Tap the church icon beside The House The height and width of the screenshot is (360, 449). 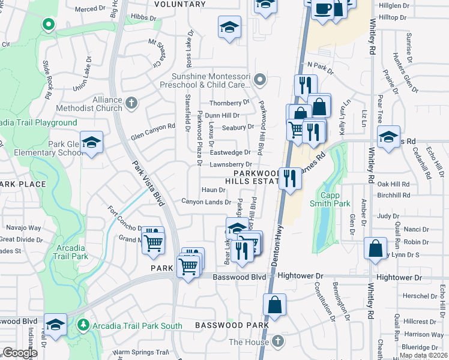coord(277,341)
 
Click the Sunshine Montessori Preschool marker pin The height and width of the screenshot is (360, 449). coord(259,79)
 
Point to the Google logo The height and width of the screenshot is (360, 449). coord(20,353)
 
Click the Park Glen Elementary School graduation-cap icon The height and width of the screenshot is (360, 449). coord(91,142)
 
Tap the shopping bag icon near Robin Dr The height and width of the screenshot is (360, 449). coord(375,249)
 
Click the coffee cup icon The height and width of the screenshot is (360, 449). coord(323,9)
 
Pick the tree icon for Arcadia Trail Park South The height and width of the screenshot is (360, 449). coord(83,325)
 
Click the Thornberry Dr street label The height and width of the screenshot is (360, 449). coord(229,102)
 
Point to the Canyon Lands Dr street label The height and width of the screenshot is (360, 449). coord(206,202)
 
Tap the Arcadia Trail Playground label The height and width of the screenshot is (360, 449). coord(38,122)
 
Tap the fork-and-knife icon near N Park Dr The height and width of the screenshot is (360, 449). coord(305,84)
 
